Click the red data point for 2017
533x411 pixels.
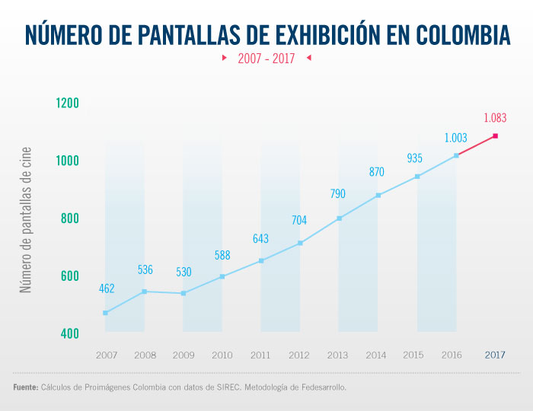[496, 136]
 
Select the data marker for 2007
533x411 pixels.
[105, 313]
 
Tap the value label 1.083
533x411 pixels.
[495, 118]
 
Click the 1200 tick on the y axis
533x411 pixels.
[68, 103]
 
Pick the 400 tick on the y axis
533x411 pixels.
[68, 333]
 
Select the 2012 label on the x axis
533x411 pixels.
[298, 355]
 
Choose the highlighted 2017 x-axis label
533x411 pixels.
[496, 355]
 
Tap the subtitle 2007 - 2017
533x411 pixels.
[266, 58]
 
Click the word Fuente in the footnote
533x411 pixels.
[27, 387]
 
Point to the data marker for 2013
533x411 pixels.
[340, 218]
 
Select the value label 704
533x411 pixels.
[300, 221]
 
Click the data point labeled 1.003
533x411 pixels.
[456, 155]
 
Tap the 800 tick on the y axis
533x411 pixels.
[68, 218]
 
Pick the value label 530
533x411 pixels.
[183, 272]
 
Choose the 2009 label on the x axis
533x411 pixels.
[183, 355]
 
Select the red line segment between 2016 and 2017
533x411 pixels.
[476, 145]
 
